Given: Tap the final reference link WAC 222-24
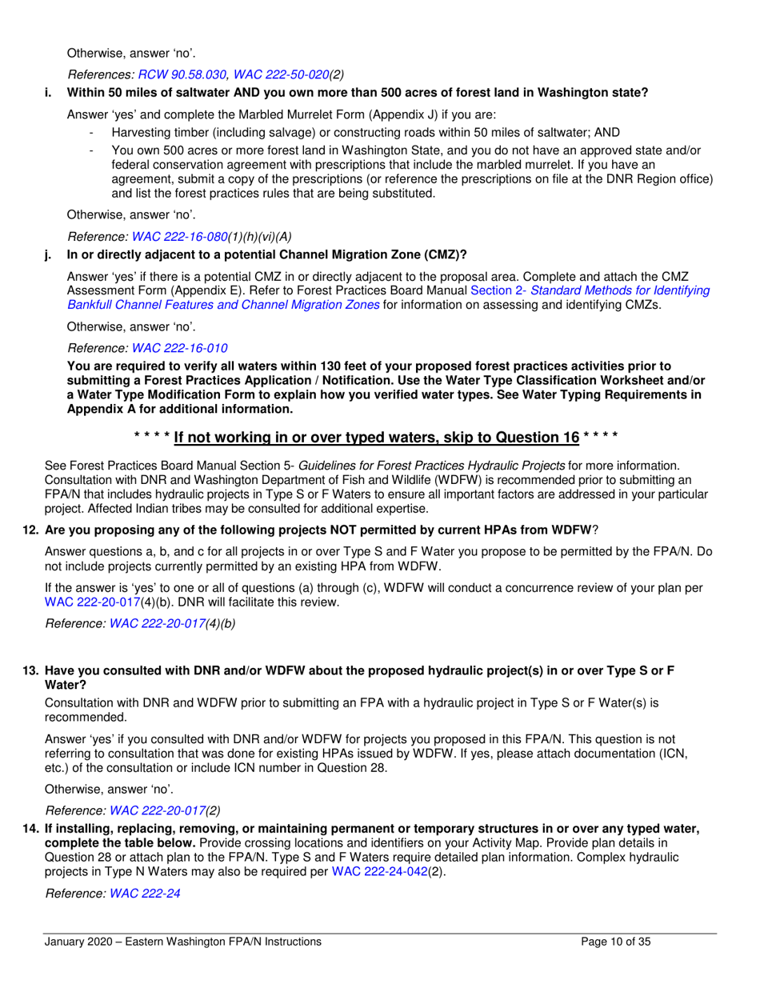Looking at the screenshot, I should (145, 893).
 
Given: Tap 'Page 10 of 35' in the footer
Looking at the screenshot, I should (615, 942).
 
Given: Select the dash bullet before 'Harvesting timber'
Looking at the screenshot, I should (94, 132).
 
